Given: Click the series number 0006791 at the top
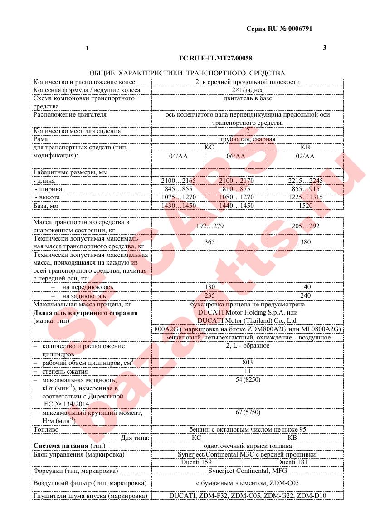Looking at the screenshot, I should tap(297, 28).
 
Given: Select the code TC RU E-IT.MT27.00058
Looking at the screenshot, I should tap(215, 58).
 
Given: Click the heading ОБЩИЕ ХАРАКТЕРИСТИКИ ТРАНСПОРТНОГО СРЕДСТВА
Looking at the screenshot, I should tap(187, 73).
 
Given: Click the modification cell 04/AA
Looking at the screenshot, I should tap(178, 156).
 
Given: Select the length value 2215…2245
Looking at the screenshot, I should tap(306, 181).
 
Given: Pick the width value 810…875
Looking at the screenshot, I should tap(237, 189).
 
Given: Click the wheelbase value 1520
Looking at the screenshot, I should tap(306, 206).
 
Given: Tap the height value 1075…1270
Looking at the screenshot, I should tap(178, 197).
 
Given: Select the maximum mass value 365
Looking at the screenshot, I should tap(209, 242).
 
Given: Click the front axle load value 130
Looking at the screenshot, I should tap(209, 287).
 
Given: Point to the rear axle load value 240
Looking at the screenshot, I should tap(306, 295).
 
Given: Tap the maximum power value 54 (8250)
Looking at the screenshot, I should tap(247, 379).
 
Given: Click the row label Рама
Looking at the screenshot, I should tap(41, 139).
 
